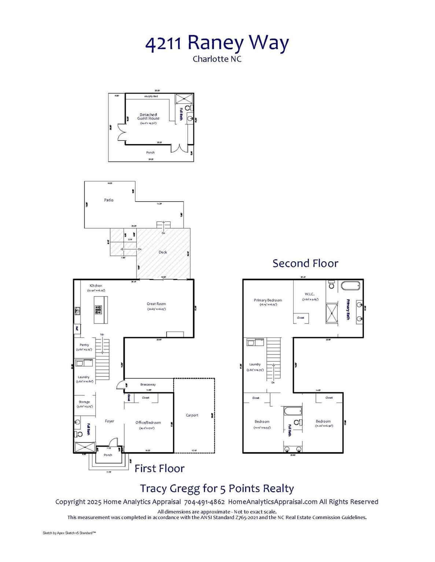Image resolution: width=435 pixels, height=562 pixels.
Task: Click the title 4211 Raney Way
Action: click(x=217, y=43)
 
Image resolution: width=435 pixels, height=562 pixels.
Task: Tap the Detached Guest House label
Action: click(x=148, y=117)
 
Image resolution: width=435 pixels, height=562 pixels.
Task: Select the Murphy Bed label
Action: click(x=151, y=96)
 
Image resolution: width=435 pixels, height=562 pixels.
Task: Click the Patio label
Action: click(x=109, y=200)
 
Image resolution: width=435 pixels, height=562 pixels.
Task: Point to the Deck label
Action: click(x=163, y=252)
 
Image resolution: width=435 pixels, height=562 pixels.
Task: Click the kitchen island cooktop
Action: click(x=98, y=310)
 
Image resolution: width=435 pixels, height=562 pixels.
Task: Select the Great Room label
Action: click(x=156, y=304)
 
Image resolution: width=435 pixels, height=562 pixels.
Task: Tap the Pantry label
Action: click(x=84, y=345)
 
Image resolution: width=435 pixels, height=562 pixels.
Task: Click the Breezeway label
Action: click(x=148, y=385)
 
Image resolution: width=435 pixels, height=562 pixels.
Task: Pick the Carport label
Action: click(x=192, y=415)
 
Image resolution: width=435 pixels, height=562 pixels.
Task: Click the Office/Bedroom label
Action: click(x=148, y=423)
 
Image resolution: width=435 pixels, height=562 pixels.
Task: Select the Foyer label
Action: click(x=110, y=421)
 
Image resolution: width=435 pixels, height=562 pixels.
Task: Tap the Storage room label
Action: click(x=84, y=402)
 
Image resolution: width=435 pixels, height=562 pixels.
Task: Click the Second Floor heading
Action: click(x=305, y=263)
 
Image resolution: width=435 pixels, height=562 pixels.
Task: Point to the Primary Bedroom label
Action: click(x=268, y=300)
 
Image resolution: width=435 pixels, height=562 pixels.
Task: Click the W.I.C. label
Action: click(x=310, y=294)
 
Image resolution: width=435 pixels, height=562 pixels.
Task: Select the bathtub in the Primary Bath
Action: click(x=351, y=285)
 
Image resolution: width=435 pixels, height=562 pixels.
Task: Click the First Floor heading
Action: click(x=159, y=469)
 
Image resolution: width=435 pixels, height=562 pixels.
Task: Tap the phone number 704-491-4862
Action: click(x=204, y=502)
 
